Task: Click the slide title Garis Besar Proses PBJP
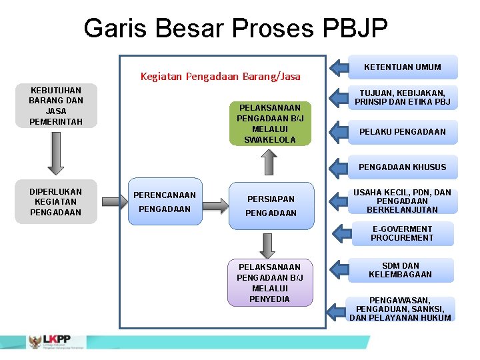click(x=235, y=29)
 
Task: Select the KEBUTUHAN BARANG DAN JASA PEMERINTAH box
click(x=56, y=106)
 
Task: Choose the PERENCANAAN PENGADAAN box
click(x=165, y=202)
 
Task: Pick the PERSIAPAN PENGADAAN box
click(x=271, y=205)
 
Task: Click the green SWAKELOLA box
click(x=270, y=123)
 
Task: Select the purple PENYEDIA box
click(x=270, y=282)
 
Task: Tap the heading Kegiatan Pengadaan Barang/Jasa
click(x=220, y=77)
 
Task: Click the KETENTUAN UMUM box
click(x=403, y=67)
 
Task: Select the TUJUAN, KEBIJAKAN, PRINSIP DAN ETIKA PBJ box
click(x=403, y=98)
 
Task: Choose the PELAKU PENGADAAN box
click(x=403, y=132)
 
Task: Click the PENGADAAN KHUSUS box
click(x=403, y=167)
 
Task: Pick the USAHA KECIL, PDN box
click(x=403, y=201)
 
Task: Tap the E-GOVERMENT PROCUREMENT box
click(x=403, y=233)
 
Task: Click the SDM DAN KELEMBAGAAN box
click(x=403, y=270)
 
